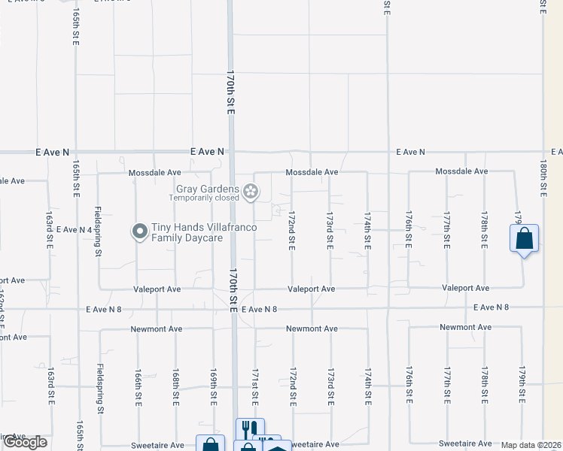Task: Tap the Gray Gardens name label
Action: coord(208,189)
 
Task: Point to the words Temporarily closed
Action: coord(204,198)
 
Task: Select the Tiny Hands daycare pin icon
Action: coord(139,232)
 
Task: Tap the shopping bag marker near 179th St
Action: coord(525,240)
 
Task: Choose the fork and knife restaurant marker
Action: coord(250,429)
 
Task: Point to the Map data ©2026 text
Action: coord(531,445)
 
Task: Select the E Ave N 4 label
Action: coord(73,229)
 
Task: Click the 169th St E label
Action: coord(214,385)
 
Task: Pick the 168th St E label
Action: coord(175,385)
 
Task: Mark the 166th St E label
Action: coord(138,385)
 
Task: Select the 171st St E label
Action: coord(255,385)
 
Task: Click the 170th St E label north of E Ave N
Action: coord(231,92)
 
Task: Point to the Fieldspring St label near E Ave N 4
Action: coord(99,232)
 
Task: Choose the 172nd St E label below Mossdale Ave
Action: coord(291,230)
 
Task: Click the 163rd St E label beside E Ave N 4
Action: coord(50,230)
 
